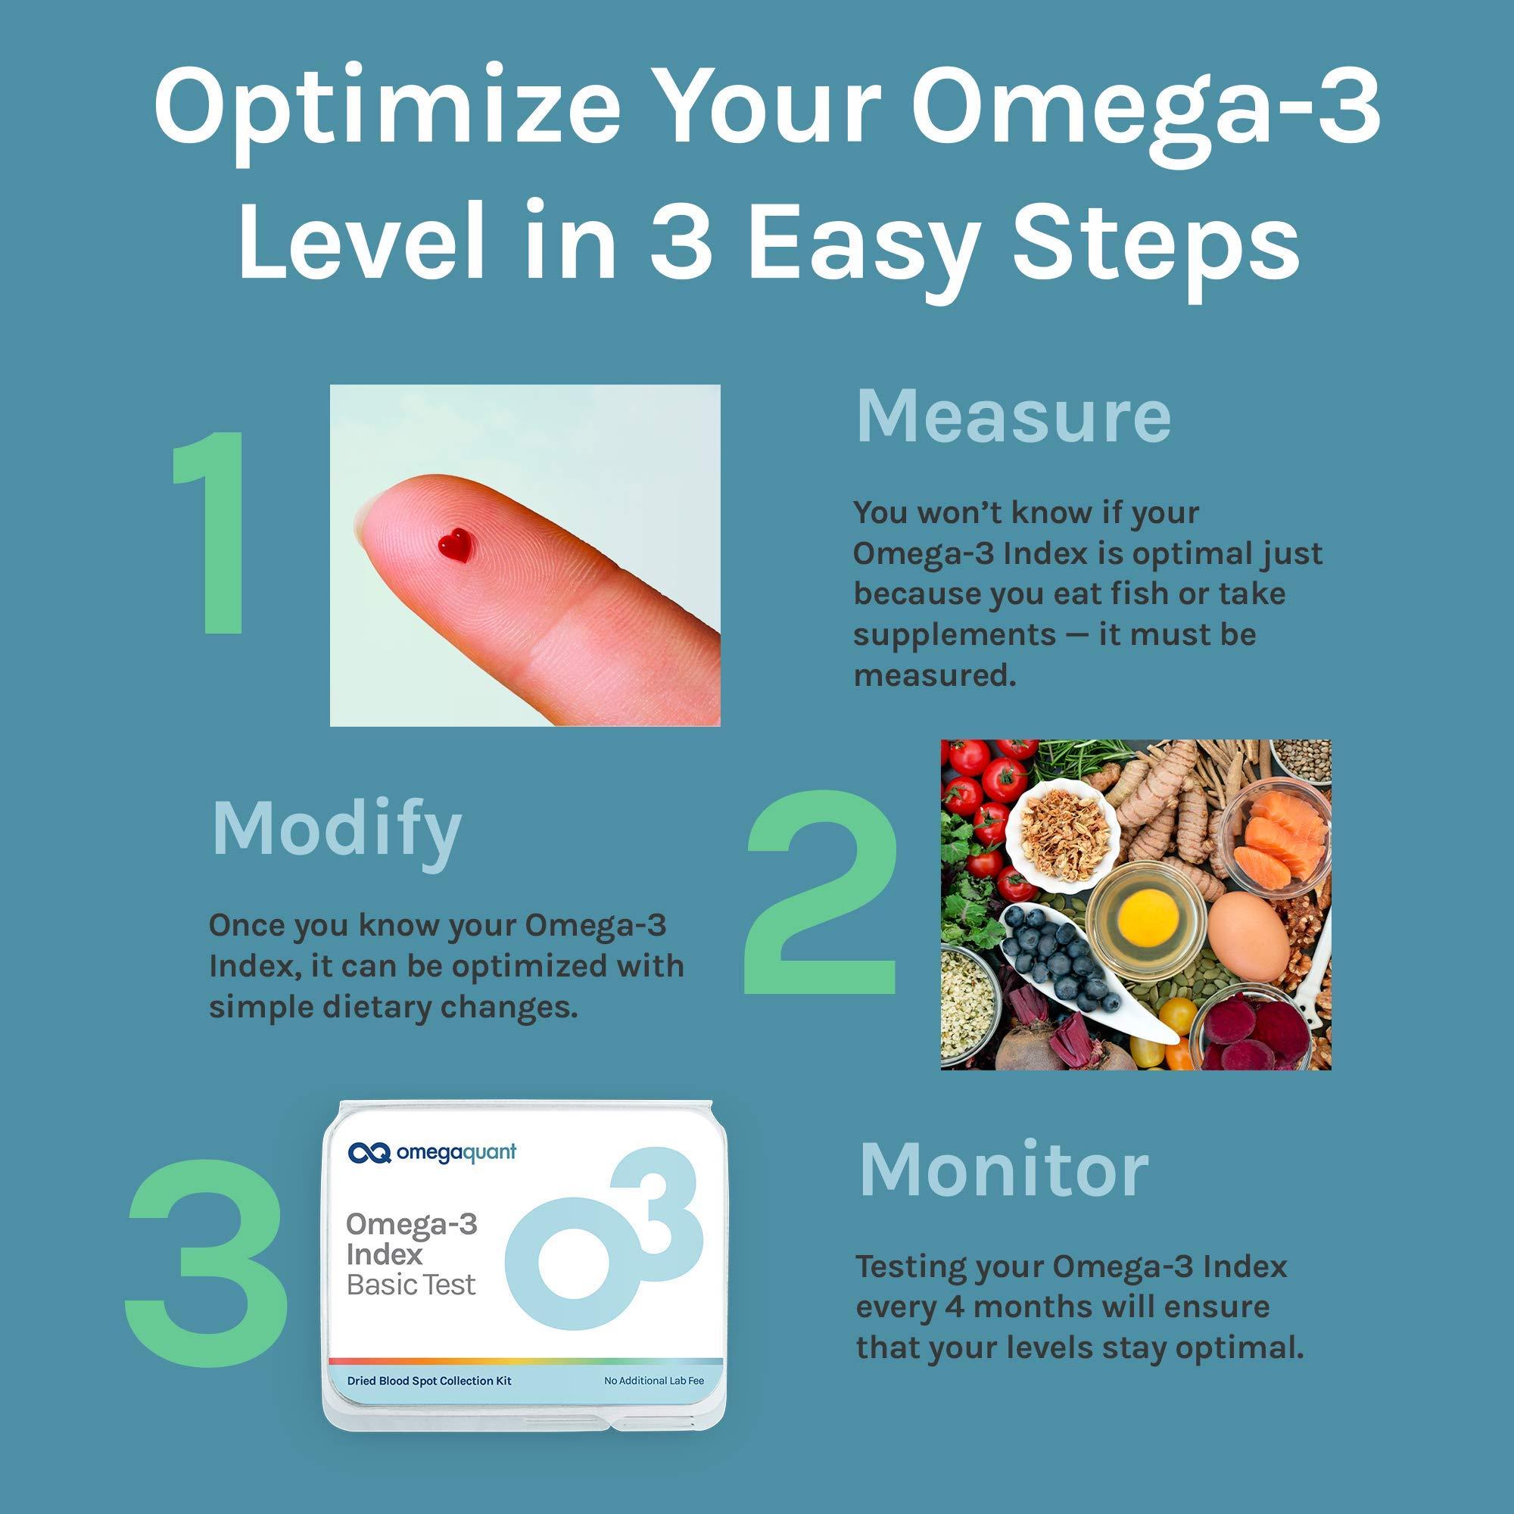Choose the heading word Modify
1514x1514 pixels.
coord(336,830)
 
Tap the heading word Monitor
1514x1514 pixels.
coord(1004,1173)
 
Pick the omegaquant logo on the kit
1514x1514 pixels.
coord(431,1153)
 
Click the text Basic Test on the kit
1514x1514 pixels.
coord(410,1285)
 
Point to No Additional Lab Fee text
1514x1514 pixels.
coord(653,1381)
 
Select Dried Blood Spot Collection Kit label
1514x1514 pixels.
coord(428,1381)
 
